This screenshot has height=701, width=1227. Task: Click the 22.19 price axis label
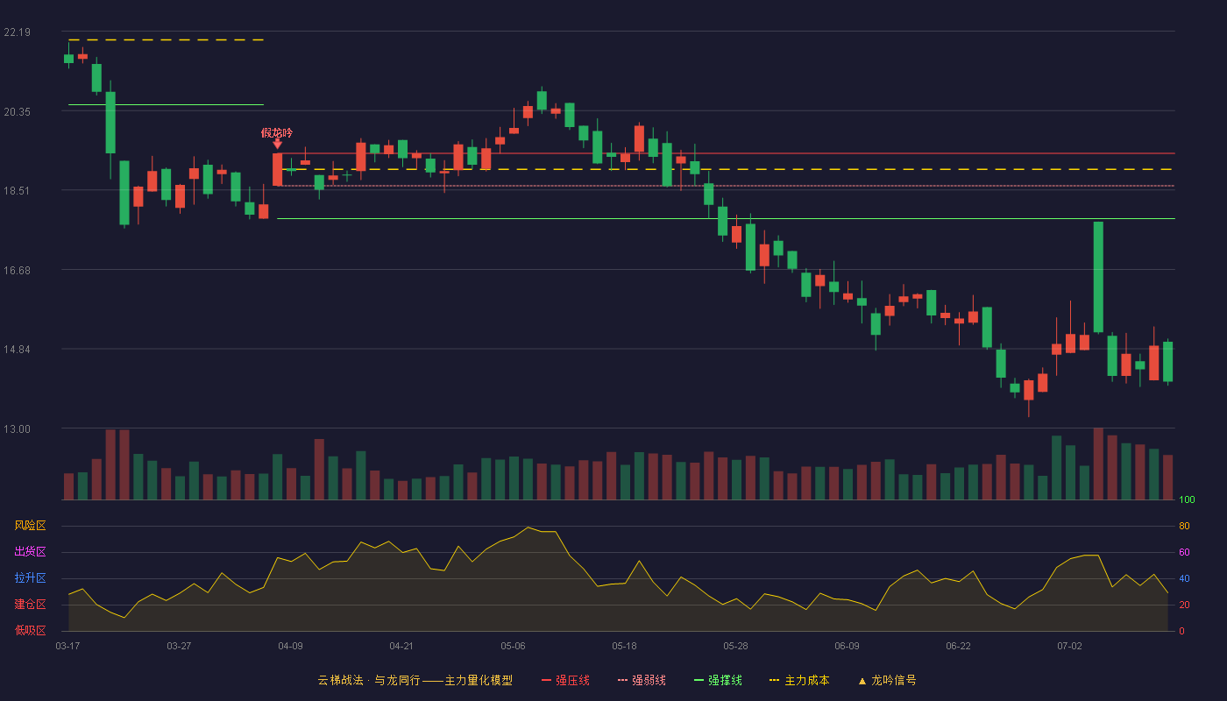(x=17, y=32)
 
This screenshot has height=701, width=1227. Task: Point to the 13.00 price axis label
(x=17, y=428)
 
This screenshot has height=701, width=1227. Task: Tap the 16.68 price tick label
(x=17, y=271)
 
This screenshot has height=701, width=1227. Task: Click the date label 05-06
(x=513, y=647)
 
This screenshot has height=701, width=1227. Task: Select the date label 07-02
(x=1069, y=647)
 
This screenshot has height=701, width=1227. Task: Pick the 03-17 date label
(x=68, y=647)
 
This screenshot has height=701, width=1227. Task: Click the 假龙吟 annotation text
(x=277, y=132)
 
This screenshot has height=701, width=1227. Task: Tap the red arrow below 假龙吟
(x=278, y=144)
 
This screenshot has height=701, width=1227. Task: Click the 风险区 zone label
(x=30, y=526)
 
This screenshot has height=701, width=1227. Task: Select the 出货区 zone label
(x=30, y=551)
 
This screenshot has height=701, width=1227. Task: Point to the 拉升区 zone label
(x=30, y=577)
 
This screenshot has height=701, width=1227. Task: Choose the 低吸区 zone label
(x=30, y=630)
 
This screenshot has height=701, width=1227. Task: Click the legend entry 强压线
(x=565, y=680)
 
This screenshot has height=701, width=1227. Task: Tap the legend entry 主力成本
(x=799, y=680)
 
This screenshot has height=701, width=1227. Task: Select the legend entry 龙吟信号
(x=887, y=680)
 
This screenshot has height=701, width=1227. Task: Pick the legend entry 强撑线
(x=718, y=680)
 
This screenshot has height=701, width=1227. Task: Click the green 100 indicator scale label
(x=1187, y=499)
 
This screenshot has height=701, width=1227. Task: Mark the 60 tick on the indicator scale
(x=1184, y=552)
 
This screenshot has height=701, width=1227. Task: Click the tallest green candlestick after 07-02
(x=1098, y=277)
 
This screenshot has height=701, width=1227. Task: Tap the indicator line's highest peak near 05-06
(x=528, y=528)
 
